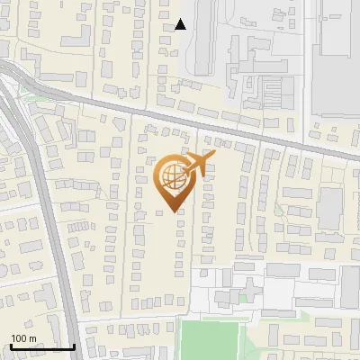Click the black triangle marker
[x=181, y=24]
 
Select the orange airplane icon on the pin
[x=199, y=164]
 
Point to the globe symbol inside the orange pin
[x=170, y=176]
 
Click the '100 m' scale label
[x=23, y=338]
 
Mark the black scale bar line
[x=41, y=346]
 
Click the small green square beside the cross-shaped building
[x=243, y=298]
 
